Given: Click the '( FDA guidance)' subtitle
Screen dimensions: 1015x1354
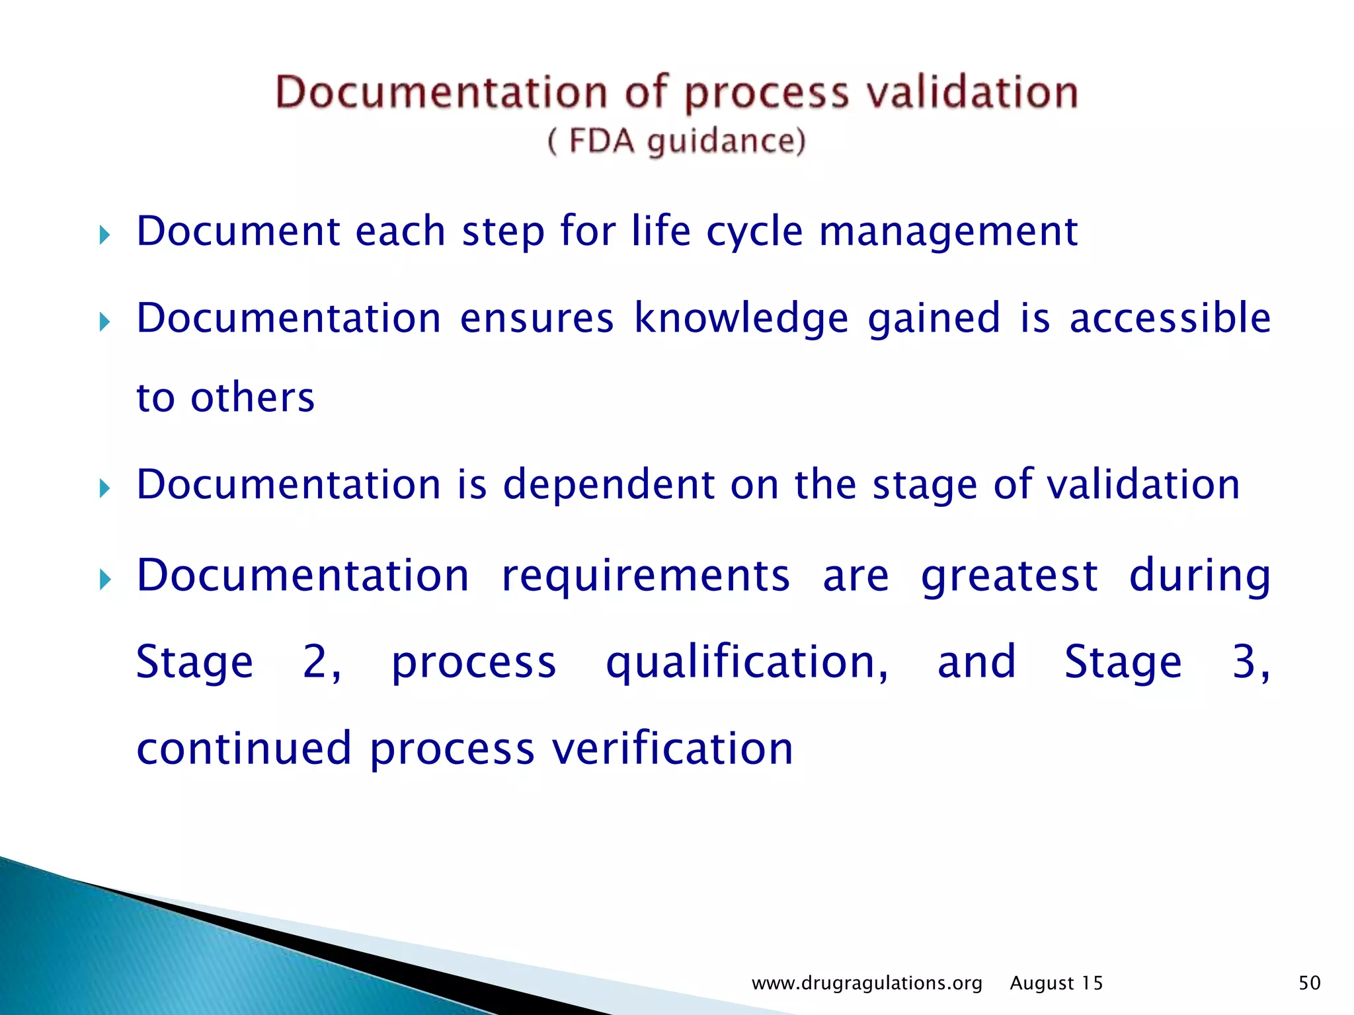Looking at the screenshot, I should pos(676,141).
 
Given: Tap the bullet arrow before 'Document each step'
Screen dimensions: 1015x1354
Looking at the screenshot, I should pos(104,235).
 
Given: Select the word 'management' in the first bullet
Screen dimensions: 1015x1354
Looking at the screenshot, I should pos(948,233).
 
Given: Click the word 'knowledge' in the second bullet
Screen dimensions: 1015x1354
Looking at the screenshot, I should pos(741,319).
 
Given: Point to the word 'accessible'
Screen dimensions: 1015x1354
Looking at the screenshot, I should pos(1170,318).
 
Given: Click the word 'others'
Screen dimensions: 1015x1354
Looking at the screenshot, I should pos(253,398).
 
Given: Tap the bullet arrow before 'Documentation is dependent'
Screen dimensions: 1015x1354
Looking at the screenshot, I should pos(104,489).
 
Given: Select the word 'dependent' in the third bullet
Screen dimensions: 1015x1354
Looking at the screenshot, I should pos(609,484).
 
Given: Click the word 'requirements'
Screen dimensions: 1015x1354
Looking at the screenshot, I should pos(645,576).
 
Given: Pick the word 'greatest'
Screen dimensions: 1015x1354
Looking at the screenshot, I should pos(1009,576).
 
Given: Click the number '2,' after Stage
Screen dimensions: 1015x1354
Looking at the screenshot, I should pos(322,662).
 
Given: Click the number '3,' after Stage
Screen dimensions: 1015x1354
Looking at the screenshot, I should pos(1250,662).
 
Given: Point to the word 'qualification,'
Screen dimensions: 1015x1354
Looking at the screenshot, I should pos(747,663).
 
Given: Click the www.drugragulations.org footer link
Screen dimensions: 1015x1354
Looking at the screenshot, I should pos(867,983).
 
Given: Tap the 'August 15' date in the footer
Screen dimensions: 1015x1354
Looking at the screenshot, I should pos(1056,983).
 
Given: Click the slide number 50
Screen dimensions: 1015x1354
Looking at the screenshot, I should pos(1309,983).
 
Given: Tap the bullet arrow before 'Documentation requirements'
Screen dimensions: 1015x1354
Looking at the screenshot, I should pos(104,581).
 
